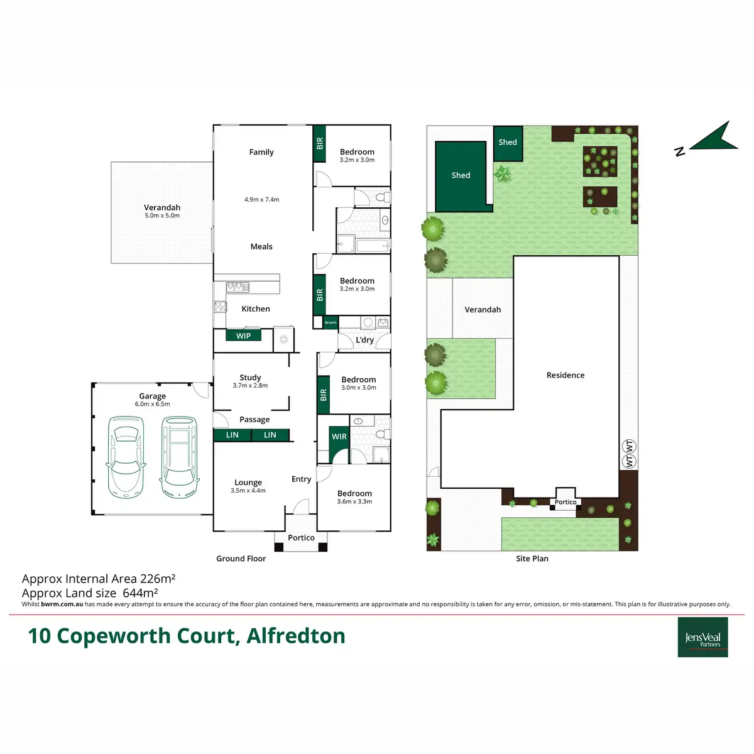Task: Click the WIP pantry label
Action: point(244,336)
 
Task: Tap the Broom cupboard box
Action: point(331,322)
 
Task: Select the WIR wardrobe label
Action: point(339,437)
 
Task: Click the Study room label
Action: point(250,378)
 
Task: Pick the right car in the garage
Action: point(179,456)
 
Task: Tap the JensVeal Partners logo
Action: point(702,637)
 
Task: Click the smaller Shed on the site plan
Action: point(508,143)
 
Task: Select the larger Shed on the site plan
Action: point(461,176)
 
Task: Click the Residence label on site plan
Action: point(565,375)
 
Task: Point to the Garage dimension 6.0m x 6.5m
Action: point(153,404)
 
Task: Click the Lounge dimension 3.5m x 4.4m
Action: point(248,491)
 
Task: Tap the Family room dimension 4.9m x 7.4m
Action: point(262,200)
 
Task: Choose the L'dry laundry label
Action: point(365,340)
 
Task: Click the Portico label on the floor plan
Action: point(302,538)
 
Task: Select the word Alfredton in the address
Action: point(296,636)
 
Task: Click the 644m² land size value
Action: point(140,593)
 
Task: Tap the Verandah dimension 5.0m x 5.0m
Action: point(162,216)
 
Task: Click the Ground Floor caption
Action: point(241,559)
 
